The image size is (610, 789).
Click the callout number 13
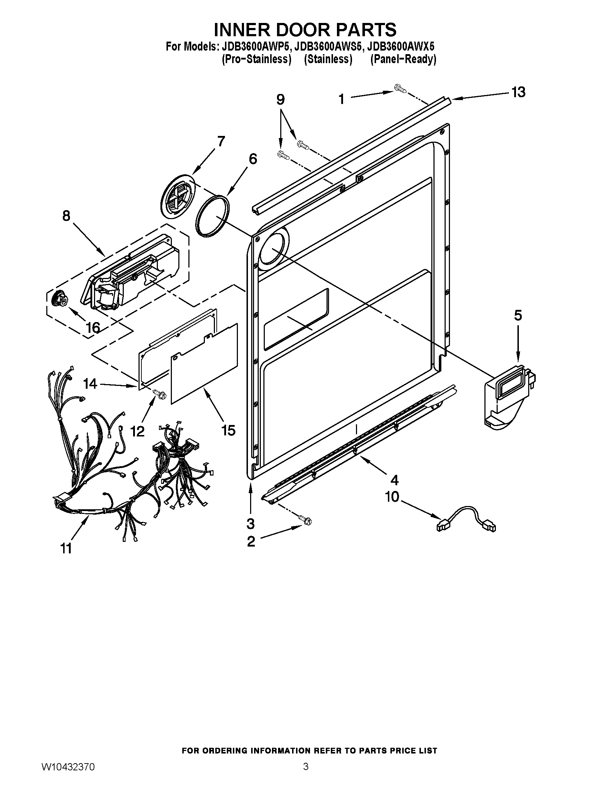click(518, 92)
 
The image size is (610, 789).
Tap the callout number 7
click(220, 141)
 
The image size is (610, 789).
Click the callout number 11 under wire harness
click(66, 548)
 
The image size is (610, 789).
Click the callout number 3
click(250, 524)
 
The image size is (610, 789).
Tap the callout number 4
click(394, 480)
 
